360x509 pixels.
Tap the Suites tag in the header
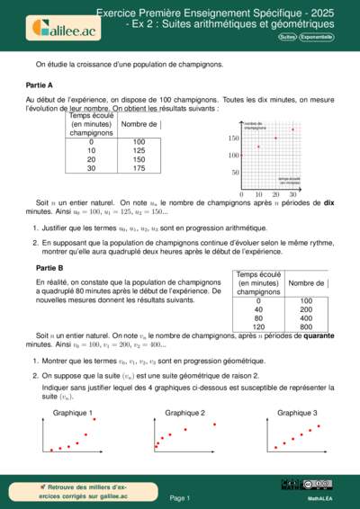click(x=287, y=38)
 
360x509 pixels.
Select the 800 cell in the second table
click(x=306, y=327)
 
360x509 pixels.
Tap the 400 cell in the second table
click(x=306, y=318)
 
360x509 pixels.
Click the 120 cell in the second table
click(x=258, y=327)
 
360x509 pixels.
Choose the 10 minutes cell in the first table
click(x=91, y=151)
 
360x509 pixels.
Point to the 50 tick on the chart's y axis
click(x=234, y=172)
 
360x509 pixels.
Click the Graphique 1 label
click(x=72, y=412)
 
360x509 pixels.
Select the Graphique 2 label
click(x=184, y=412)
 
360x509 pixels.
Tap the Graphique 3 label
click(x=296, y=412)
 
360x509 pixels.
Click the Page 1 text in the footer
click(x=180, y=496)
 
